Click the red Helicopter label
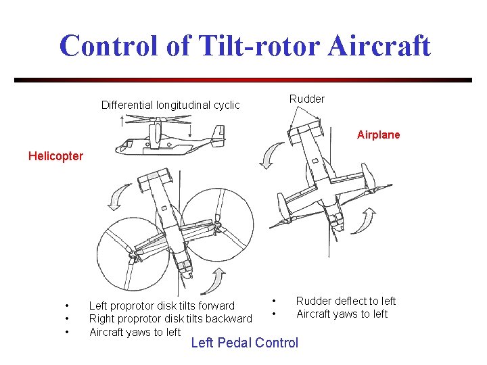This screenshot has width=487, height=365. coord(55,156)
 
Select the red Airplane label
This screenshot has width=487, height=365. coord(378,135)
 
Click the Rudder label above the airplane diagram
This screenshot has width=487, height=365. coord(307,99)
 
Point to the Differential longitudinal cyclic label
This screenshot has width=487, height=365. coord(170,105)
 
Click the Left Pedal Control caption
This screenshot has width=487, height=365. coord(244,343)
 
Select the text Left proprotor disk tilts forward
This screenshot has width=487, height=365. coord(162,306)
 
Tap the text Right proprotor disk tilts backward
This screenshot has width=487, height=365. coord(170,319)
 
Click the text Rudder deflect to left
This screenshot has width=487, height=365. coord(346,301)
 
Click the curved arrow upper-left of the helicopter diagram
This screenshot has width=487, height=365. coord(115,197)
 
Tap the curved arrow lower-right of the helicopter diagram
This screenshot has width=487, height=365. coord(217,282)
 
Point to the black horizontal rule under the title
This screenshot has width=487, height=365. coord(243,80)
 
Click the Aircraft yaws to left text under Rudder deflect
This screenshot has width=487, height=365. coord(342,314)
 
